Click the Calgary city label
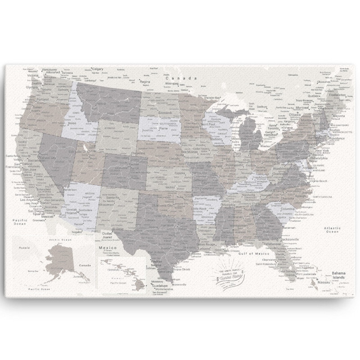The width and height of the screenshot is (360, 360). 98,69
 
